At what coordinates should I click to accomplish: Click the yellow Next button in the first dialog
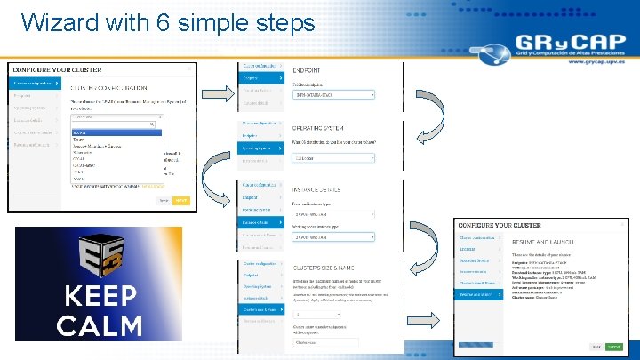coord(181,201)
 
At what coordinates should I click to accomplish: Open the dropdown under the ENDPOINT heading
coord(333,94)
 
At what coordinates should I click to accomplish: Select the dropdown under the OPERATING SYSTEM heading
coord(333,158)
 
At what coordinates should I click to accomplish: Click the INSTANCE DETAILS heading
coord(320,189)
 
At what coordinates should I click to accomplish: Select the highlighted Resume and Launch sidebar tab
coord(480,293)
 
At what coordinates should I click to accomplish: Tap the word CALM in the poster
coord(98,325)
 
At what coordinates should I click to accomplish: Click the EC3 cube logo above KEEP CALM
coord(97,254)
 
